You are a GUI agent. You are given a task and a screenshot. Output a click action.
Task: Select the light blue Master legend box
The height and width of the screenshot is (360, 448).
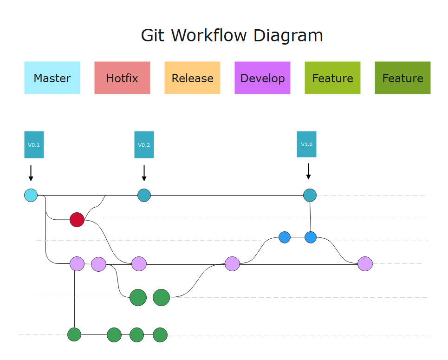pos(52,78)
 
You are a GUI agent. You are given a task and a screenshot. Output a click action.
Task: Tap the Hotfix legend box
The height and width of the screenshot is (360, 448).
pos(122,78)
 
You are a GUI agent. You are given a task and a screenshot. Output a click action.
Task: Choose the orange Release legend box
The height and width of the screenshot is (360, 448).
pos(192,78)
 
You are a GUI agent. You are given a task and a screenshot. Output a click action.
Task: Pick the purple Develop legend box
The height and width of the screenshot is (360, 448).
pos(262,78)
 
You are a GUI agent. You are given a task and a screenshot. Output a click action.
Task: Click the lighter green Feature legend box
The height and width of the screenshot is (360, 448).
pos(332,78)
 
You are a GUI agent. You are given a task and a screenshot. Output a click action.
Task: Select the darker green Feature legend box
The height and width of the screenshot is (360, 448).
pos(403,78)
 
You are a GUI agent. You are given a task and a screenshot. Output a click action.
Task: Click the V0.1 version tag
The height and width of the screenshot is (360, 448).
pos(34,144)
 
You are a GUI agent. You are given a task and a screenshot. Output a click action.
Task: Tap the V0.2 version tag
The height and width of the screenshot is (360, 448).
pos(144,144)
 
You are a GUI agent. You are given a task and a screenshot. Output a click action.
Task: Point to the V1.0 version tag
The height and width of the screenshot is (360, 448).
pos(306,144)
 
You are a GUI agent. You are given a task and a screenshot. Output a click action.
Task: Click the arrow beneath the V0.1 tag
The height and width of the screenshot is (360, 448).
pos(31,173)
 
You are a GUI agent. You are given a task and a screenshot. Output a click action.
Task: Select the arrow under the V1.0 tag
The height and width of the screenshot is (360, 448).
pos(308,171)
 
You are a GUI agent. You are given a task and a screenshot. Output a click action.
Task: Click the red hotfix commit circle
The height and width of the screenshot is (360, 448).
pos(77,219)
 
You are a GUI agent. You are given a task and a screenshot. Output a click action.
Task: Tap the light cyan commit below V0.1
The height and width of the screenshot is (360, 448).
pos(31,195)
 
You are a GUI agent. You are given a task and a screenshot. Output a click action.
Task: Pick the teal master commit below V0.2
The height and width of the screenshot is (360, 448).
pos(144,195)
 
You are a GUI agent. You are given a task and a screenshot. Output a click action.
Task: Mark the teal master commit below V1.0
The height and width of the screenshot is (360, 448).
pos(310,195)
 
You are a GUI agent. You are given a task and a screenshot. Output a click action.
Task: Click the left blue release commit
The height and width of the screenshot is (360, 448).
pos(285,237)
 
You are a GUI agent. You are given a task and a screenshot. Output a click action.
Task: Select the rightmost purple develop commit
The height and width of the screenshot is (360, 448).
pos(365,264)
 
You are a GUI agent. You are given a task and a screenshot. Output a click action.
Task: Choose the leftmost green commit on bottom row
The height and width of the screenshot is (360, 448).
pos(74,334)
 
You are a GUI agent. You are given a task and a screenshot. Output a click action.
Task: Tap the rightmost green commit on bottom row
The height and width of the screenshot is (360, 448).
pos(160,334)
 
